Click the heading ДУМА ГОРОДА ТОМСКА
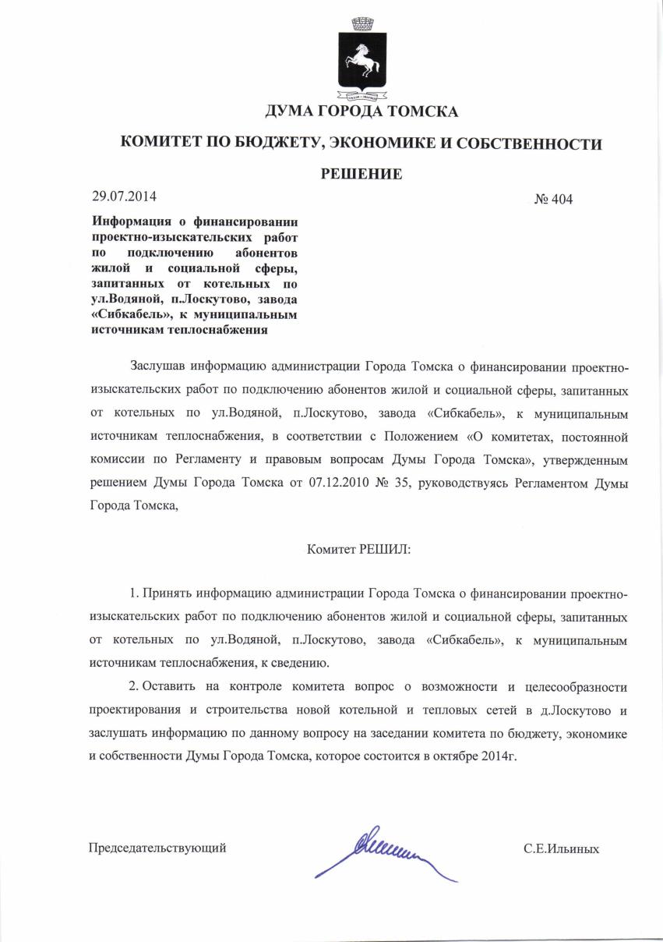tap(361, 112)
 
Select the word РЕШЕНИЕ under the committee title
tap(361, 173)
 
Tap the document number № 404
tap(553, 200)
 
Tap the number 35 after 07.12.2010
tap(405, 483)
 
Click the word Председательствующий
tap(158, 848)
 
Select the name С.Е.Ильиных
tap(561, 848)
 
